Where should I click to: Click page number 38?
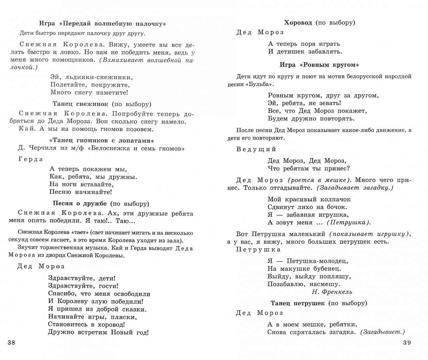[11, 343]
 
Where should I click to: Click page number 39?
[407, 343]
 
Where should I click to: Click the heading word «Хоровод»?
[298, 23]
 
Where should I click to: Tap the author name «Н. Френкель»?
[332, 292]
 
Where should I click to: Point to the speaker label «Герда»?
[31, 159]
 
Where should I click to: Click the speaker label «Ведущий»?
[256, 149]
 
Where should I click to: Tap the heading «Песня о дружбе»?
[80, 204]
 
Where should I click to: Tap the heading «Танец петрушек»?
[297, 303]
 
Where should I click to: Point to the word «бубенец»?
[326, 269]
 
